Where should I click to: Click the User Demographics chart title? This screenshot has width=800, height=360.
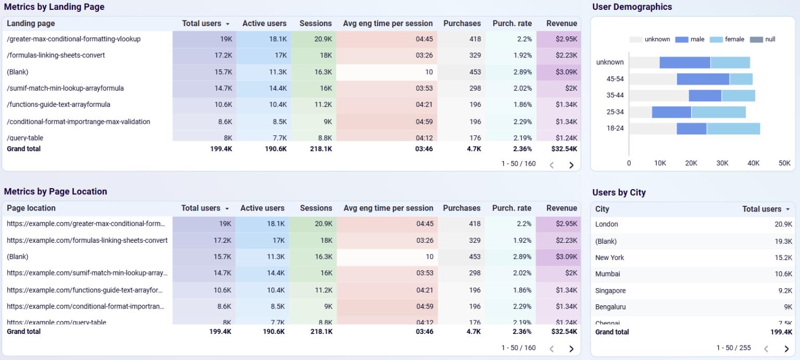pyautogui.click(x=632, y=7)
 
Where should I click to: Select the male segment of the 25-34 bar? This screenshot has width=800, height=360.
pyautogui.click(x=671, y=112)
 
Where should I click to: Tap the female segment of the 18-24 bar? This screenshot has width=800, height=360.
pyautogui.click(x=733, y=129)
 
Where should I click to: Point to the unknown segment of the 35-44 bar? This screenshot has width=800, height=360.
pyautogui.click(x=658, y=95)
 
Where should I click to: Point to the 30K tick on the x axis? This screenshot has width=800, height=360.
pyautogui.click(x=722, y=163)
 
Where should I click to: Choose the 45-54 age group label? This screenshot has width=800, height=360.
pyautogui.click(x=615, y=79)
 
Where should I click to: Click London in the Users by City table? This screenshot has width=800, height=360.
pyautogui.click(x=607, y=224)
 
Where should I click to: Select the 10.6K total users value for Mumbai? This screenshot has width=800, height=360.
pyautogui.click(x=783, y=274)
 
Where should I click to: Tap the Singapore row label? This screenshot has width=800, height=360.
pyautogui.click(x=610, y=291)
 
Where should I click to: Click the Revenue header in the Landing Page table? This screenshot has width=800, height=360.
pyautogui.click(x=561, y=23)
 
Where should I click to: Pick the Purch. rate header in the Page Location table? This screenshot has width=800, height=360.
pyautogui.click(x=511, y=208)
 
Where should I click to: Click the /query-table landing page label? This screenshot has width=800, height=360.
pyautogui.click(x=25, y=138)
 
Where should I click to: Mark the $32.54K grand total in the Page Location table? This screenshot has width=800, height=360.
pyautogui.click(x=564, y=331)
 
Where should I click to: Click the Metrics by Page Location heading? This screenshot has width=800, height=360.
pyautogui.click(x=55, y=191)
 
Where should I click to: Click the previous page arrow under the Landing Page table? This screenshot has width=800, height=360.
pyautogui.click(x=552, y=165)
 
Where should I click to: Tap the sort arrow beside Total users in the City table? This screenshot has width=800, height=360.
pyautogui.click(x=787, y=209)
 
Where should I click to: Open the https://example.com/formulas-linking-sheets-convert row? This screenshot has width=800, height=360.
pyautogui.click(x=87, y=240)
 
